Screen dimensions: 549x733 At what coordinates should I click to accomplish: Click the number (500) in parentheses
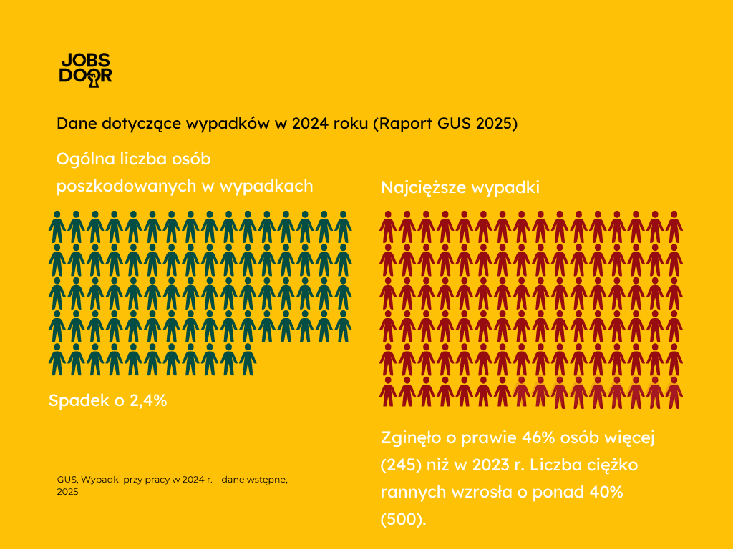click(x=403, y=519)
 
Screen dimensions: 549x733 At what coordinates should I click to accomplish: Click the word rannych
click(x=409, y=492)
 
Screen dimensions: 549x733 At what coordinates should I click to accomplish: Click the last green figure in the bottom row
click(x=248, y=360)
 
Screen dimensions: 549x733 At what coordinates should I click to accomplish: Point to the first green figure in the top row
click(x=57, y=227)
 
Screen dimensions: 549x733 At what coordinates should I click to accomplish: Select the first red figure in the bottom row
click(x=389, y=392)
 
